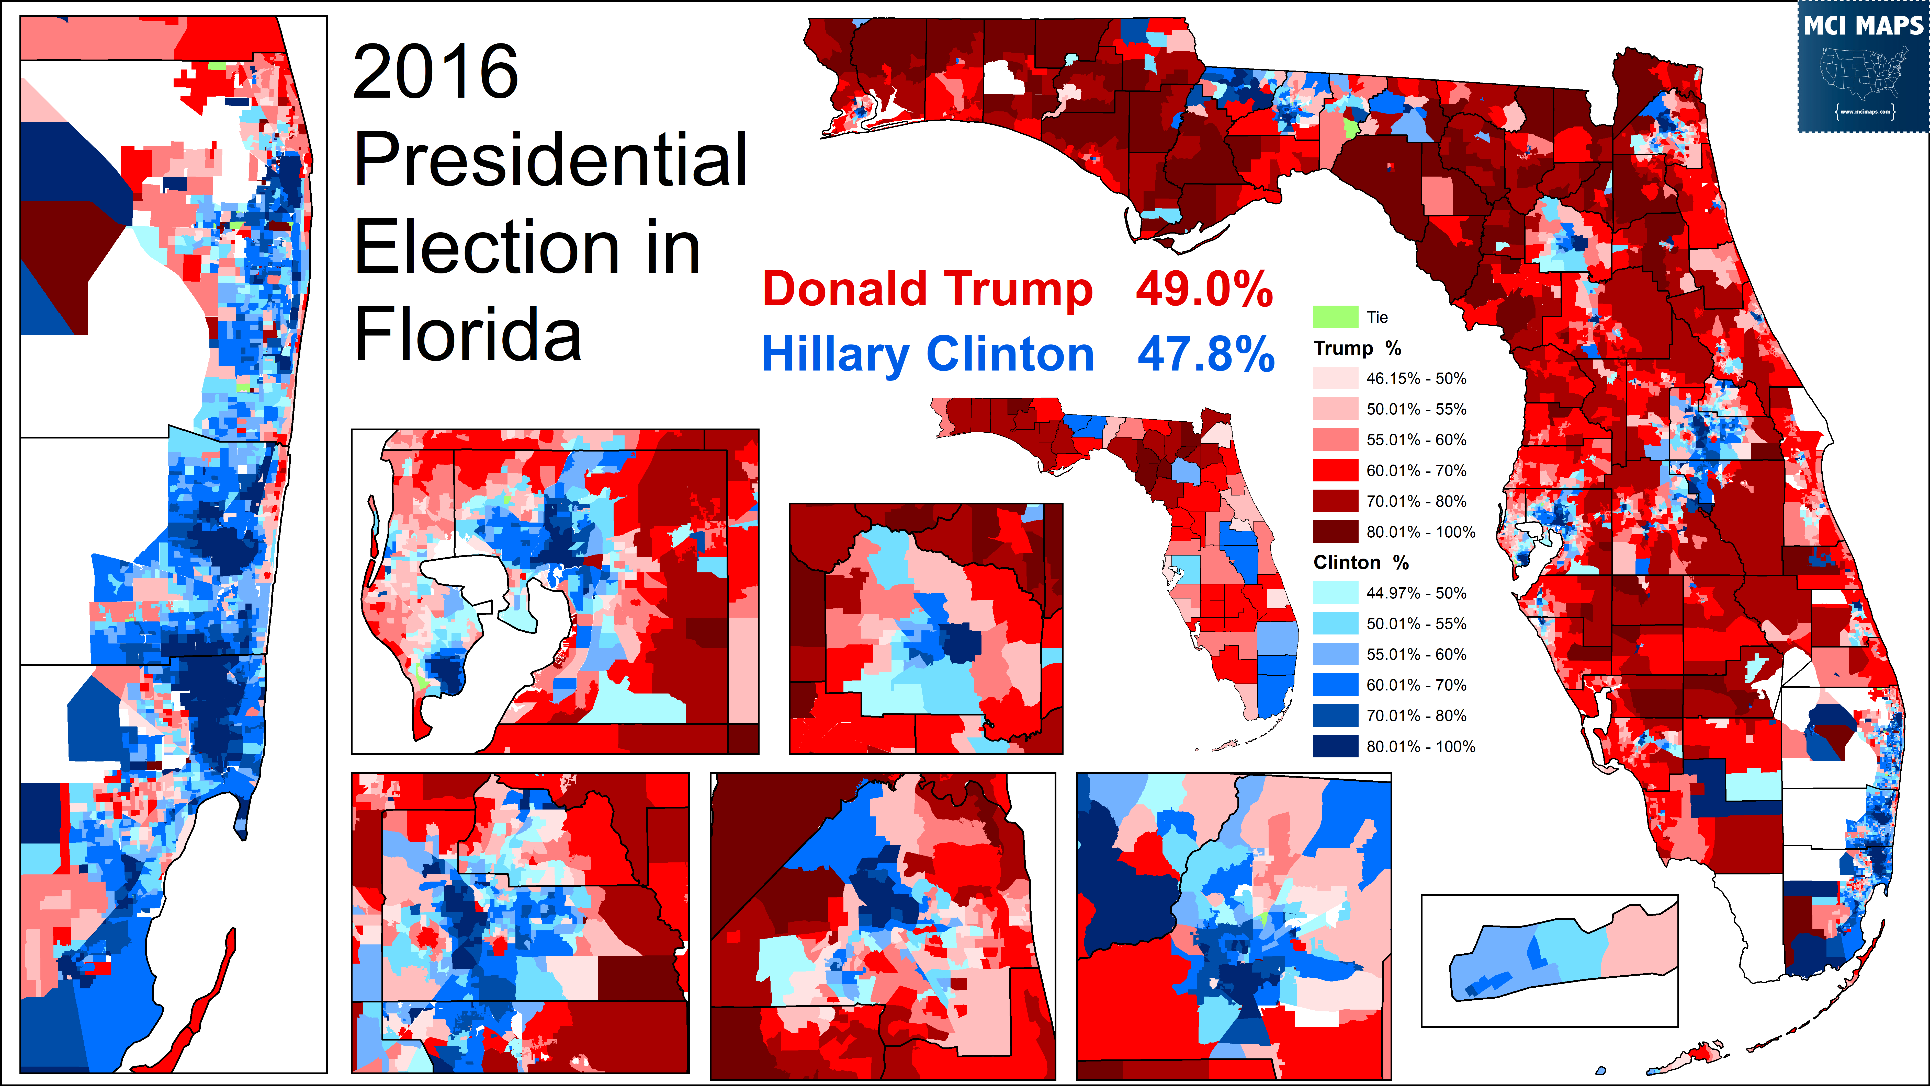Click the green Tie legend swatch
coord(1335,317)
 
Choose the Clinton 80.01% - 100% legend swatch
coord(1335,746)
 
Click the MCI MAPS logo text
coord(1863,26)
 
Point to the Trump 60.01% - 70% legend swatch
coord(1335,470)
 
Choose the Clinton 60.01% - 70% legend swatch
coord(1335,685)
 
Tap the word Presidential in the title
coord(551,159)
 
